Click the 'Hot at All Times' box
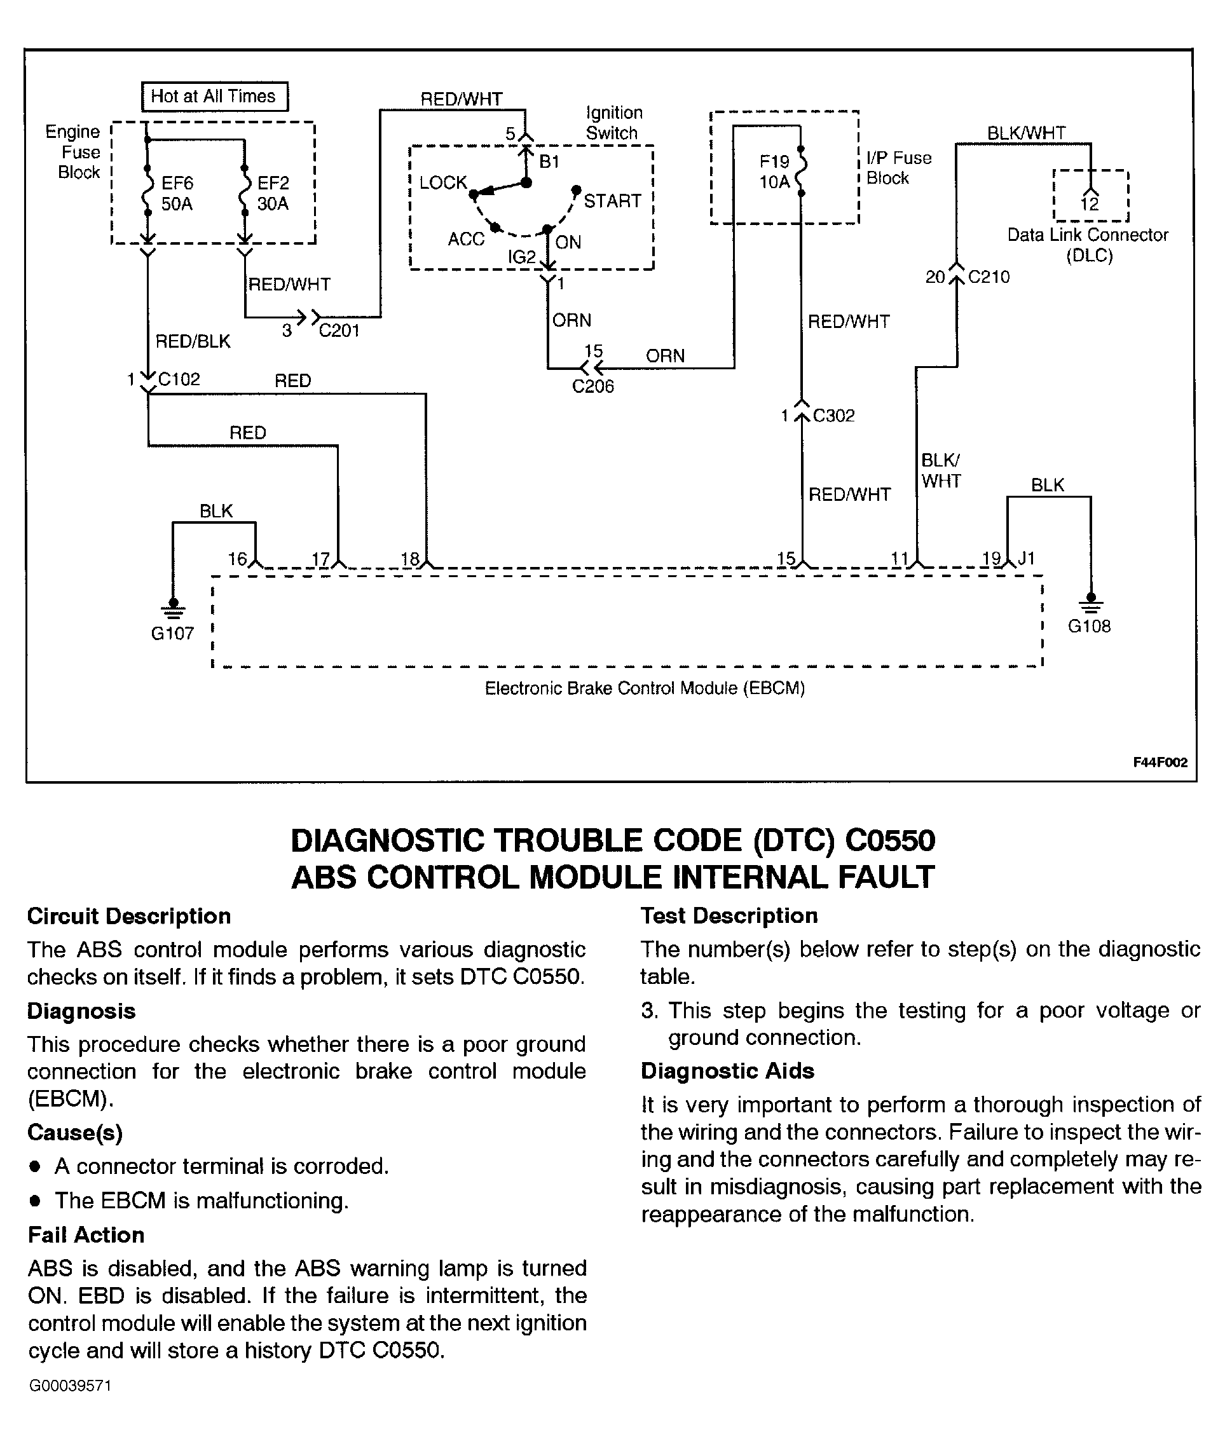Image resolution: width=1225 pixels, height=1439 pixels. tap(214, 97)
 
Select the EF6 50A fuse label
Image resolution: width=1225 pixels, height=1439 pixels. tap(177, 194)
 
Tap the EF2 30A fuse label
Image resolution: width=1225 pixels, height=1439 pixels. tap(273, 194)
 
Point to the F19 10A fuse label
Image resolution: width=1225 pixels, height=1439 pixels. tap(774, 172)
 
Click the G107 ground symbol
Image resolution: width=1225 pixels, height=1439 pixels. tap(173, 608)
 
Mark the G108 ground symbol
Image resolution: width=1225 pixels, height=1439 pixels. tap(1090, 601)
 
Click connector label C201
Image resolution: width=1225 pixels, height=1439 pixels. tap(339, 331)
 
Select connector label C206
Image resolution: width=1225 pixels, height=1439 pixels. tap(593, 386)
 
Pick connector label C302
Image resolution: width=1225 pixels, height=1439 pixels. tap(833, 416)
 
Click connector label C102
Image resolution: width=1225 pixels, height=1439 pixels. tap(179, 379)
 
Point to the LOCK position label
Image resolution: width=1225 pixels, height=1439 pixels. tap(443, 182)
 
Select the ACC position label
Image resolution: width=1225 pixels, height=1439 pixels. tap(466, 240)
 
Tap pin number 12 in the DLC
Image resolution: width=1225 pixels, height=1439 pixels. tap(1090, 204)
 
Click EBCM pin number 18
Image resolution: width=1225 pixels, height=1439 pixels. tap(411, 559)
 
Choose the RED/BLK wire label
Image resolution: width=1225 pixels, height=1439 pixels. tap(193, 341)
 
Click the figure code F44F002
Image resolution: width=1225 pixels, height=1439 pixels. tap(1160, 762)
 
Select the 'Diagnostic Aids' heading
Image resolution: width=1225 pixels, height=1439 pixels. tap(727, 1071)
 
